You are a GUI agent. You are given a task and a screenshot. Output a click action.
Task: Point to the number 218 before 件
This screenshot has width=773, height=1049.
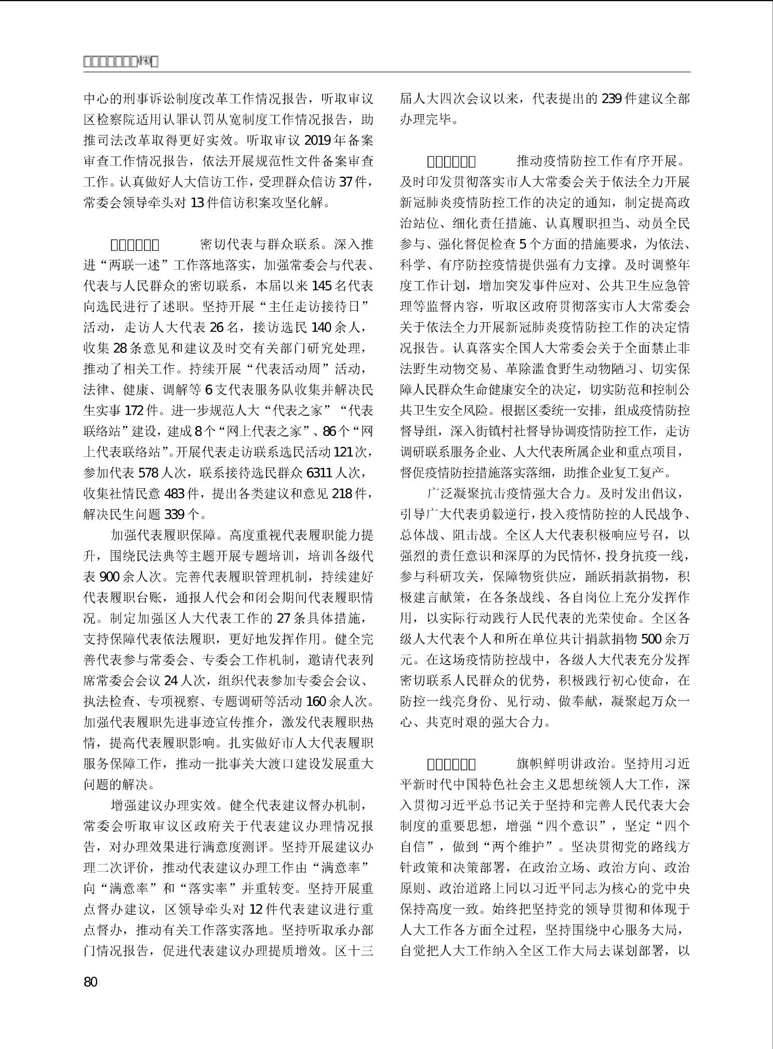point(342,494)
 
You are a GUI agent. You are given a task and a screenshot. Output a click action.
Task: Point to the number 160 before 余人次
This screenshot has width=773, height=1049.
point(317,701)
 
